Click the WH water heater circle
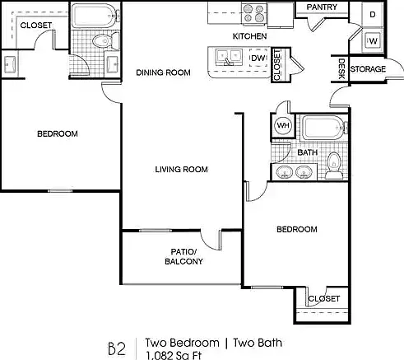[x=283, y=125]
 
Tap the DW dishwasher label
[x=258, y=58]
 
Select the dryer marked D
[x=372, y=14]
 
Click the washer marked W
[x=373, y=41]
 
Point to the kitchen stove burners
[x=254, y=13]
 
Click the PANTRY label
[x=322, y=7]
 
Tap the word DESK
[x=341, y=68]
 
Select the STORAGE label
[x=368, y=69]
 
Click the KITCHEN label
[x=249, y=36]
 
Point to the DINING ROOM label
[x=163, y=72]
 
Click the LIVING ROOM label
[x=181, y=170]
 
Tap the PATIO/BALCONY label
[x=183, y=256]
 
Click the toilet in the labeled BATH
[x=334, y=166]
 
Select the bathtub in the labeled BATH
[x=323, y=128]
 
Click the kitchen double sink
[x=229, y=58]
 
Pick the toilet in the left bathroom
[x=105, y=41]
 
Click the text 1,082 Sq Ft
[x=174, y=355]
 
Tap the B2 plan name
[x=117, y=348]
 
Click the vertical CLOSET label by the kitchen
[x=276, y=65]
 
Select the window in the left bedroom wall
[x=60, y=190]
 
